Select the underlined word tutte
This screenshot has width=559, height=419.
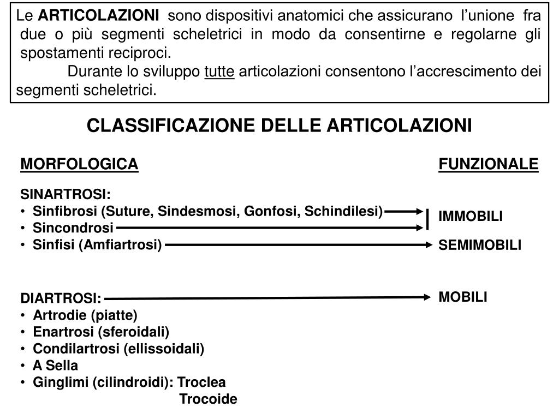click(219, 71)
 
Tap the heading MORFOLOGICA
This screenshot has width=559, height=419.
click(79, 164)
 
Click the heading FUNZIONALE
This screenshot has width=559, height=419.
click(488, 164)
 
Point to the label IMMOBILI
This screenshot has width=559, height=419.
click(471, 217)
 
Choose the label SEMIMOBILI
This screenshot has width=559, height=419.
click(480, 246)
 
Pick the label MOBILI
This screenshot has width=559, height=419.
click(463, 297)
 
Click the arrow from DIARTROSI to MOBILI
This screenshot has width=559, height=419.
click(267, 298)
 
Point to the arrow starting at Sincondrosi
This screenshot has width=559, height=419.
click(267, 228)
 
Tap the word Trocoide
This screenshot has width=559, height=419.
click(209, 399)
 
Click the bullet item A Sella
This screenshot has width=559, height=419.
click(55, 365)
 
